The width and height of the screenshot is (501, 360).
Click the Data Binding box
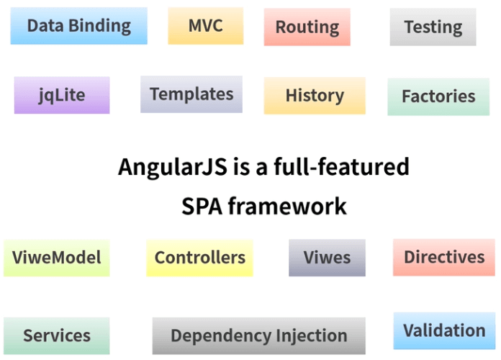pyautogui.click(x=79, y=26)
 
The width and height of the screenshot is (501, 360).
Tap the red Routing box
pyautogui.click(x=307, y=27)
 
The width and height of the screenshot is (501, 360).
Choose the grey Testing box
pyautogui.click(x=433, y=27)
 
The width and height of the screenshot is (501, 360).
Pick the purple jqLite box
pyautogui.click(x=62, y=95)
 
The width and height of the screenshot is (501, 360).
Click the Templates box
pyautogui.click(x=191, y=94)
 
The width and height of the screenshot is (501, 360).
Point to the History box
pyautogui.click(x=315, y=95)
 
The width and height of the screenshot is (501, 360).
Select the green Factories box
pyautogui.click(x=438, y=96)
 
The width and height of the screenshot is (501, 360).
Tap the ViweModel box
pyautogui.click(x=57, y=257)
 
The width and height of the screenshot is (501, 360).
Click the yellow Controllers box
pyautogui.click(x=200, y=257)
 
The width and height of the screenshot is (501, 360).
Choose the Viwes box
pyautogui.click(x=327, y=257)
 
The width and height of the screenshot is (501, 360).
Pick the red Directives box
pyautogui.click(x=444, y=257)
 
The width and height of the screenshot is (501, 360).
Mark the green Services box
pyautogui.click(x=57, y=335)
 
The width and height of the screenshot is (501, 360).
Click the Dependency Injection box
pyautogui.click(x=259, y=335)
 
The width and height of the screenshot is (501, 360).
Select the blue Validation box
pyautogui.click(x=444, y=330)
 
